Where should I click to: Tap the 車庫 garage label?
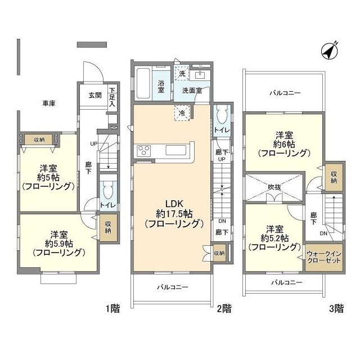pos(49,103)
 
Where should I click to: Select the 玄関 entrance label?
pos(94,95)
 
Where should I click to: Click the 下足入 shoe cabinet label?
pos(112,97)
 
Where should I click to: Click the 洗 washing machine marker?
pos(181,73)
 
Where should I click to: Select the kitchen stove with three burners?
pos(142,151)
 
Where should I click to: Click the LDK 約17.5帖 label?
pos(173,213)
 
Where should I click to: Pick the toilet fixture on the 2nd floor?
pos(220,116)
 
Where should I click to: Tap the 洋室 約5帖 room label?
pos(47,177)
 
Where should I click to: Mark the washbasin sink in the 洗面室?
pos(200,74)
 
